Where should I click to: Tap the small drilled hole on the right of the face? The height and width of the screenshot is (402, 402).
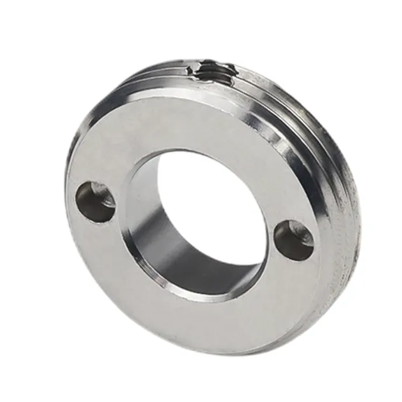click(x=293, y=239)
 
